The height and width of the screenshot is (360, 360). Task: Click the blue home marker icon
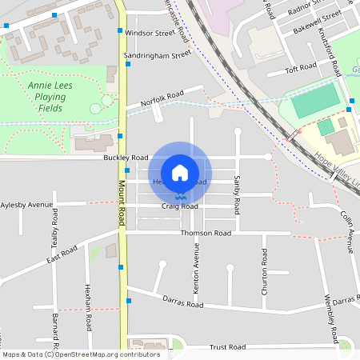point(180,173)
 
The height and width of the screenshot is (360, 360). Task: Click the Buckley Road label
point(126,158)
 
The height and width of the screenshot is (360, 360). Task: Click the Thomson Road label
point(206,233)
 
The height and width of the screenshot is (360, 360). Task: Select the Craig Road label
point(179,206)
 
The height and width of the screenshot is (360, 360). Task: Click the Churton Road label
point(264,276)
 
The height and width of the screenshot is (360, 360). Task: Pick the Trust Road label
point(227,347)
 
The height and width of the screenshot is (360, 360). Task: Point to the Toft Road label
point(302,70)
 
